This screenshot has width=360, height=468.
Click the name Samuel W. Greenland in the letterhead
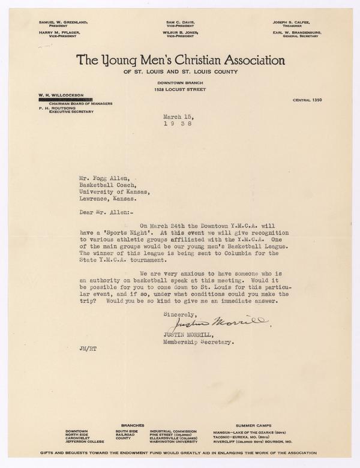[62, 22]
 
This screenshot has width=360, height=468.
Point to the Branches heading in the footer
[131, 424]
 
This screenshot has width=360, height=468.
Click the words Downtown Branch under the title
[179, 81]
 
